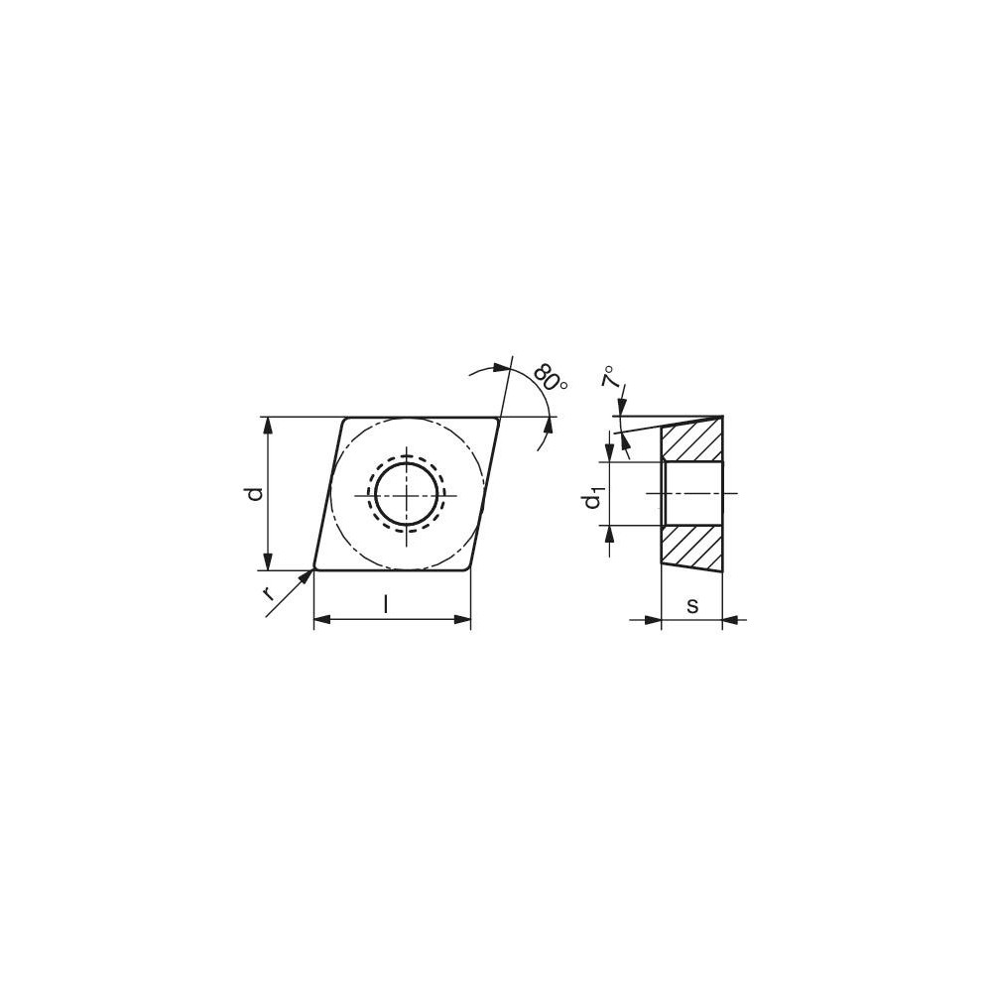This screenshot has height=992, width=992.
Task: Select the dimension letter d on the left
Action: [x=255, y=493]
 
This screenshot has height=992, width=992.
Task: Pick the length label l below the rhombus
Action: [x=386, y=604]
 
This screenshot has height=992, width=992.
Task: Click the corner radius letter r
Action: [x=268, y=593]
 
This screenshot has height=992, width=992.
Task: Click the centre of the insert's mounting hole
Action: [x=406, y=493]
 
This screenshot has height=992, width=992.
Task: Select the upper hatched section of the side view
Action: [x=691, y=439]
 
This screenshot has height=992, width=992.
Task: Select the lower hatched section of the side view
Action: [x=691, y=547]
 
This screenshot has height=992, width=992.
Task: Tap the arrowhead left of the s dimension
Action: [x=653, y=620]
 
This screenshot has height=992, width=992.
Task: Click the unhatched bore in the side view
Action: [x=691, y=493]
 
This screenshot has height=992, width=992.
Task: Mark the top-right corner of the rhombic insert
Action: [x=496, y=420]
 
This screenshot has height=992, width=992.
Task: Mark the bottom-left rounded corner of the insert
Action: [x=316, y=567]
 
